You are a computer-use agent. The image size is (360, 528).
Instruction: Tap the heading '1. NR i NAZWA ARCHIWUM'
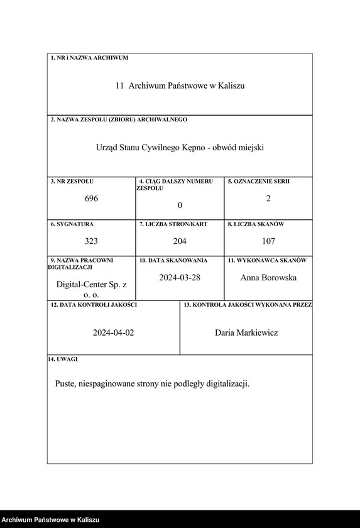89,58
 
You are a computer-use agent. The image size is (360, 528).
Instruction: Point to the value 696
91,199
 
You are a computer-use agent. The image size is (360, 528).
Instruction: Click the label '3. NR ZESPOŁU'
72,182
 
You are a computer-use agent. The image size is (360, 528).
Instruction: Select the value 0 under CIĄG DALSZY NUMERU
180,205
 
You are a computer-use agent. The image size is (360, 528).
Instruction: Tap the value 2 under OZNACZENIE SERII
268,199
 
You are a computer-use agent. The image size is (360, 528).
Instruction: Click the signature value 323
91,241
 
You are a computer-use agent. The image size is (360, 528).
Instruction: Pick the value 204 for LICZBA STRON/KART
180,241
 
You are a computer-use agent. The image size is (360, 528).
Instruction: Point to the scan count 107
268,241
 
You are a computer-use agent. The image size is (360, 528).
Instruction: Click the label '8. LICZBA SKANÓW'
256,224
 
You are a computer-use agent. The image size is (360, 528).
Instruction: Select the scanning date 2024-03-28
180,277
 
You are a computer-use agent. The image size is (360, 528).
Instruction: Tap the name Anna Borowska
268,277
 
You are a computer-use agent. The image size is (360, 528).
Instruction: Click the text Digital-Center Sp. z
91,285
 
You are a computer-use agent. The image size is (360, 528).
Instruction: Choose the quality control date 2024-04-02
114,333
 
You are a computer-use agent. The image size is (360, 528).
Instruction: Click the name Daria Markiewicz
246,333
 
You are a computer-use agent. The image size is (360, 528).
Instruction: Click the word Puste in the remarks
66,383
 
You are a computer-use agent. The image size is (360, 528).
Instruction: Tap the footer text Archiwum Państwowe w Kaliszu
50,520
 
